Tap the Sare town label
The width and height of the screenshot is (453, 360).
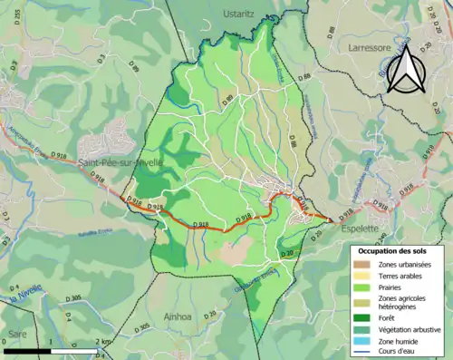click(19, 333)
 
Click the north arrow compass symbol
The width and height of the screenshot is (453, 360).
click(407, 70)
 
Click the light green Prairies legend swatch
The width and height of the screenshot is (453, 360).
click(364, 286)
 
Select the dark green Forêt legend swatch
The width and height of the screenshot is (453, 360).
click(364, 317)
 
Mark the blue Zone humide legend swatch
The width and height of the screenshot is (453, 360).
click(364, 340)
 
